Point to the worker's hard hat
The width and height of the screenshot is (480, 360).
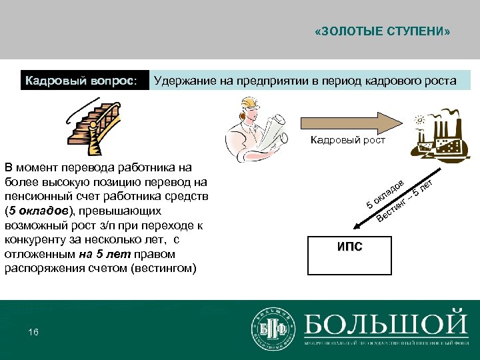[247, 102]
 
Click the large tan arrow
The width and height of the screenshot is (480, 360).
[351, 123]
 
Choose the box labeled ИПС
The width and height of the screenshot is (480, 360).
[350, 247]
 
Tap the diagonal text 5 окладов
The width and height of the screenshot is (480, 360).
[385, 193]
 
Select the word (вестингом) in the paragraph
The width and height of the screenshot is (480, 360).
[164, 269]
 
